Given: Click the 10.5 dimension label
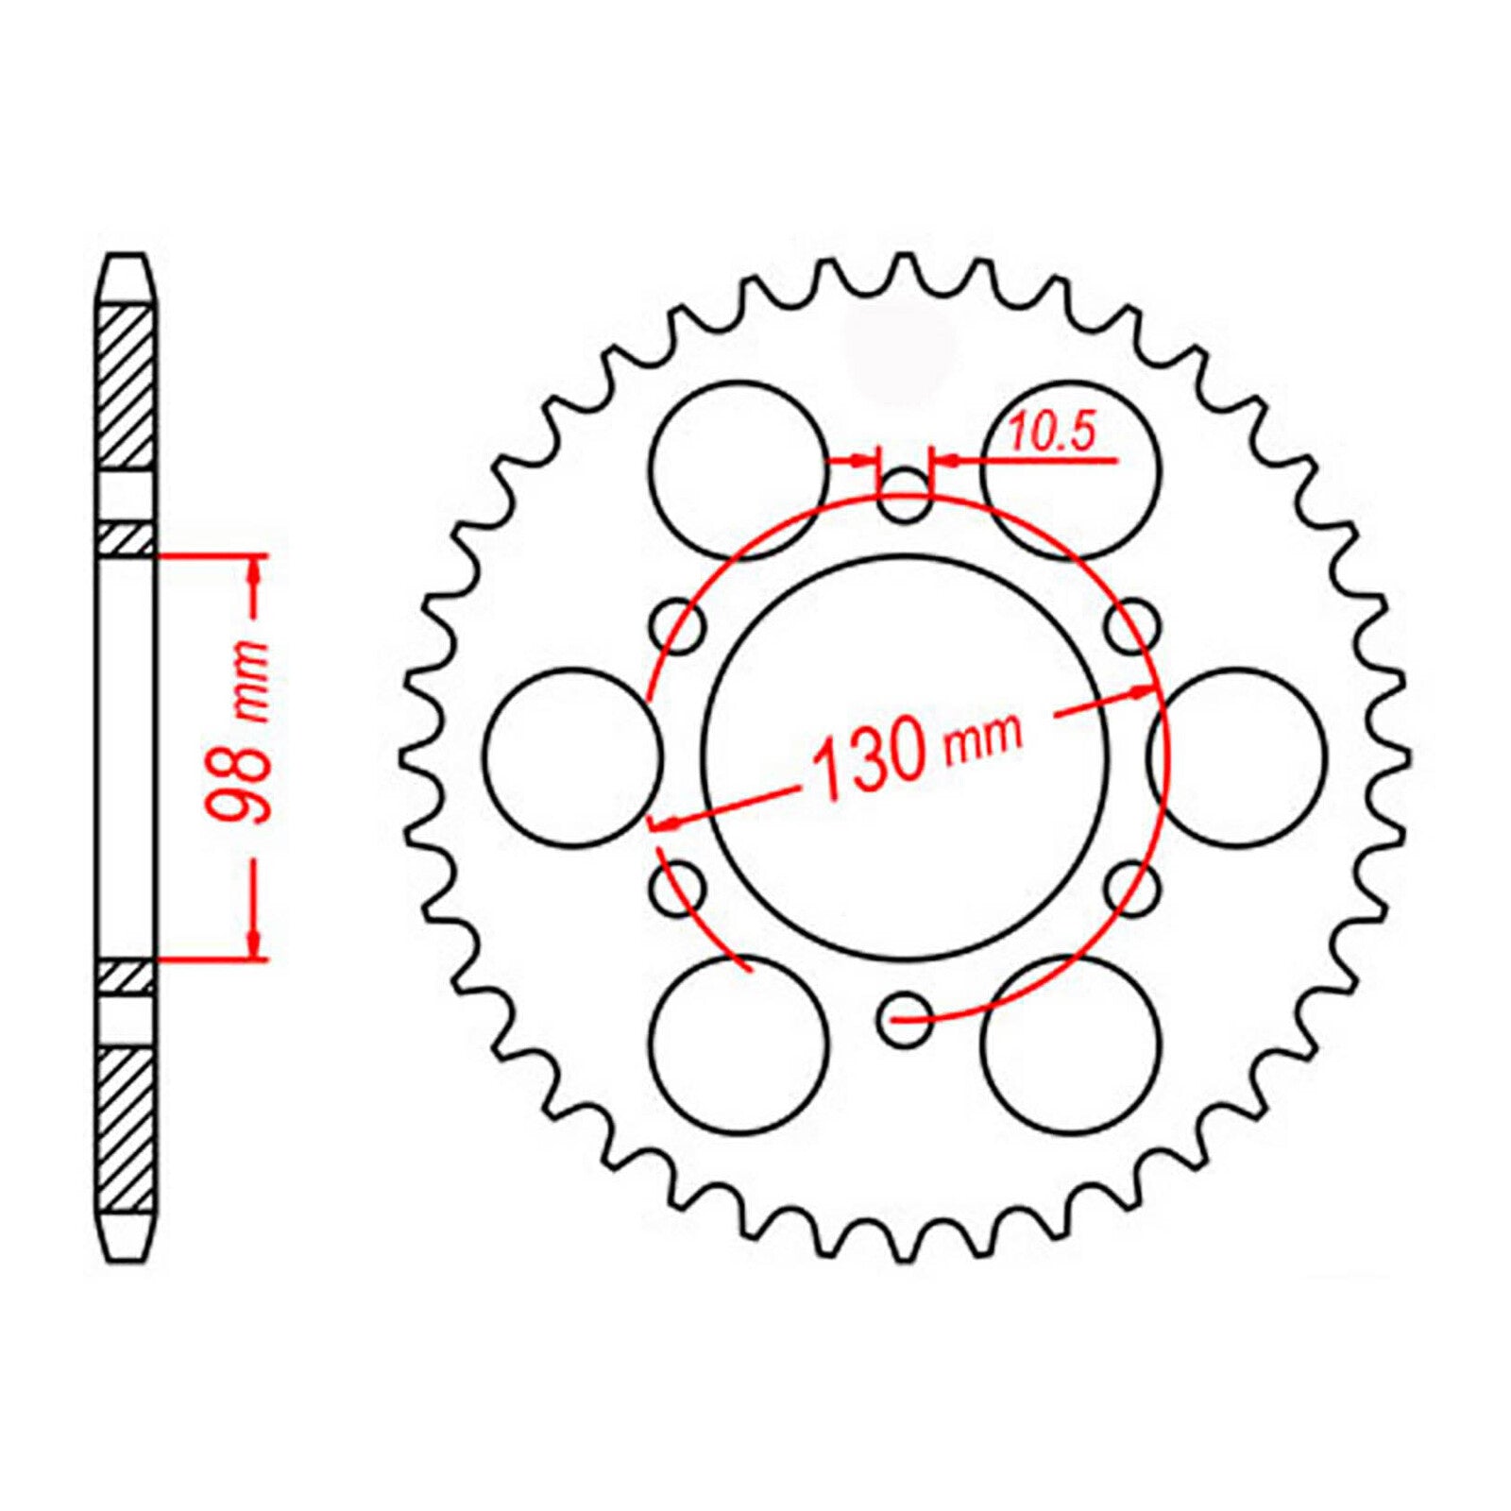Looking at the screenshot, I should click(x=1051, y=433).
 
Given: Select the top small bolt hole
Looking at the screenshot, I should click(x=905, y=495).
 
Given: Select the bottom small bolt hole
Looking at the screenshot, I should click(x=905, y=1019).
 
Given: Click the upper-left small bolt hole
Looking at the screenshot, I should click(x=679, y=624).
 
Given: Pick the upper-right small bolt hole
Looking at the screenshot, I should click(x=1132, y=624).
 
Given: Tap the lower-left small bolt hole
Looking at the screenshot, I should click(x=678, y=888).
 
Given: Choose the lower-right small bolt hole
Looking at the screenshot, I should click(x=1132, y=888).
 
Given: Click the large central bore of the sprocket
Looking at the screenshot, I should click(x=905, y=661).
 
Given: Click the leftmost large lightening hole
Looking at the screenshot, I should click(x=573, y=756).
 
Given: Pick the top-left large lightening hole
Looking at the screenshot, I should click(x=739, y=469).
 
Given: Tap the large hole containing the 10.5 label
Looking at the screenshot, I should click(x=1071, y=491).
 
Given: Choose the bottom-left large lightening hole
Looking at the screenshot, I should click(x=739, y=1044).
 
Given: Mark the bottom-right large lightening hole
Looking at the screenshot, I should click(x=1071, y=1044).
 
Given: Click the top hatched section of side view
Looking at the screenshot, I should click(x=127, y=386).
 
